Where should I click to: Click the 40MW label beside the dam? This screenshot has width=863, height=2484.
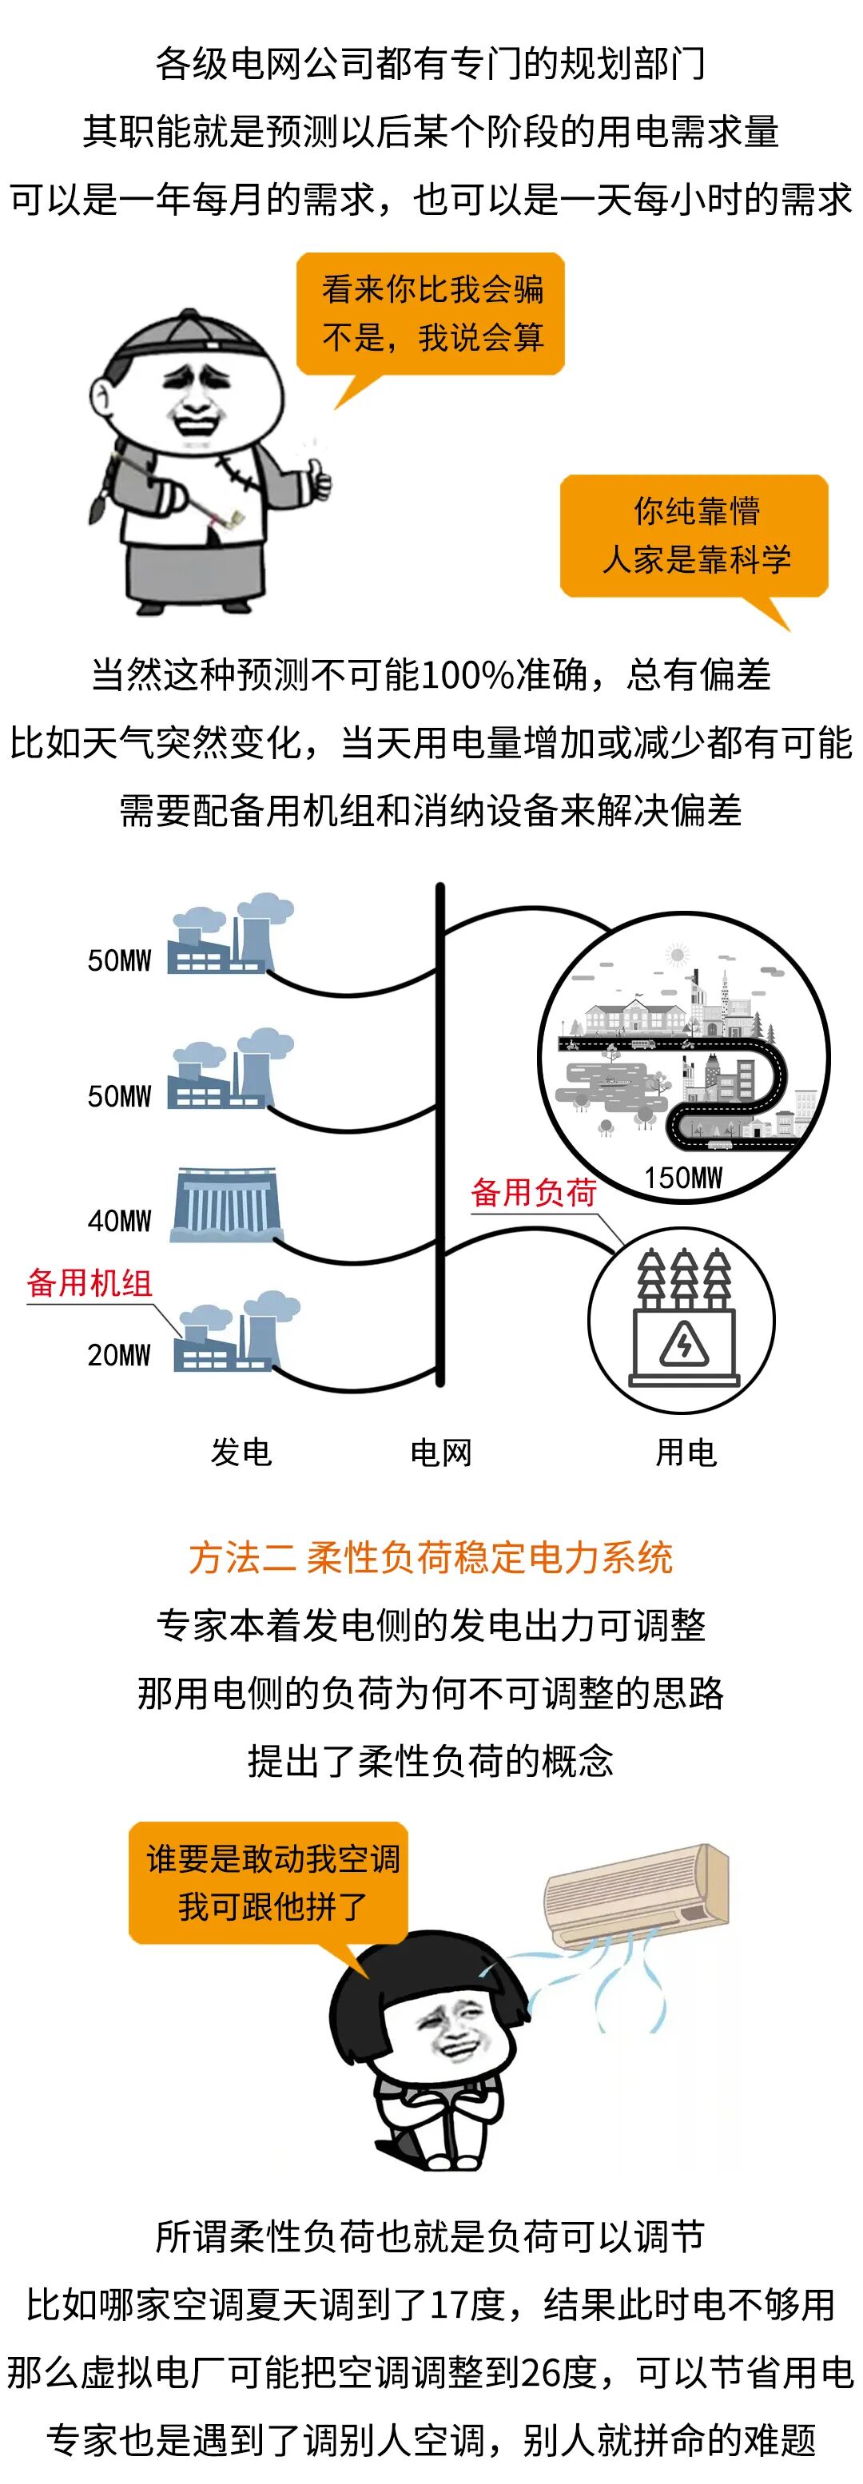click(x=120, y=1221)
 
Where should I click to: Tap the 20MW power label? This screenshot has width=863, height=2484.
click(x=120, y=1355)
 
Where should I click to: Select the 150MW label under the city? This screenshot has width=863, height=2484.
click(x=682, y=1178)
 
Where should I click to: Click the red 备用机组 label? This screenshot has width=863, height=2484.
click(x=89, y=1282)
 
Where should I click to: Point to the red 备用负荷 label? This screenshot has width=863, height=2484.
click(x=533, y=1193)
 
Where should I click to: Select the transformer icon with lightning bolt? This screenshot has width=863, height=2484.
click(x=682, y=1319)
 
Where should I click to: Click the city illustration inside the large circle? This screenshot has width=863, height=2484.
click(x=682, y=1056)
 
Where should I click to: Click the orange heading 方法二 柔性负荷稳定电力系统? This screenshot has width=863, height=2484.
click(x=431, y=1557)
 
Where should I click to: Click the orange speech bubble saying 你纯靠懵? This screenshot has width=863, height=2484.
click(x=694, y=535)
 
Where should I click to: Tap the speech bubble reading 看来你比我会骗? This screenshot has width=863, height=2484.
click(x=431, y=313)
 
